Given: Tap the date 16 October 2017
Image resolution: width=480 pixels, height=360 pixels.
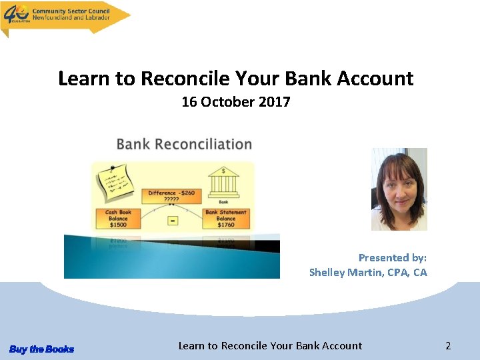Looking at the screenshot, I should [236, 102].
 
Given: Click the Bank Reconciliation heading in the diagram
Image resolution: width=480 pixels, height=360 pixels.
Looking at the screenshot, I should [184, 144].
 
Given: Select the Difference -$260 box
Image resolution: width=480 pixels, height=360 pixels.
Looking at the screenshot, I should [171, 195].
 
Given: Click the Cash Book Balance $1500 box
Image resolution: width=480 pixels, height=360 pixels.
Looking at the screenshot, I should [119, 219].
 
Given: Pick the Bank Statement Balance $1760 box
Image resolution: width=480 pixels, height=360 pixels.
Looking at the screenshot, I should [225, 219].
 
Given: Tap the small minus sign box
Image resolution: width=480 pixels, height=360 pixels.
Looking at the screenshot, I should [173, 220].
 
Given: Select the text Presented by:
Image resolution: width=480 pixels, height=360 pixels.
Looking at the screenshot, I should [392, 257].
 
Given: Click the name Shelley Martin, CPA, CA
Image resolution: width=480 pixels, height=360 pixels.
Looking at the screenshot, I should [368, 272].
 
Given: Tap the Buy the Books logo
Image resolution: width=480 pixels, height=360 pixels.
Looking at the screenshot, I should [41, 349].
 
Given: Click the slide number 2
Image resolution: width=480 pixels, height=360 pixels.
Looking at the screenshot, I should [448, 345].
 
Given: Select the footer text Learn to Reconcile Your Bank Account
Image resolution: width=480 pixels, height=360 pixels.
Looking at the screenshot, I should [270, 345].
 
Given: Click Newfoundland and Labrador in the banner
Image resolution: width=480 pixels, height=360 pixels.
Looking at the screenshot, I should [73, 18].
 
